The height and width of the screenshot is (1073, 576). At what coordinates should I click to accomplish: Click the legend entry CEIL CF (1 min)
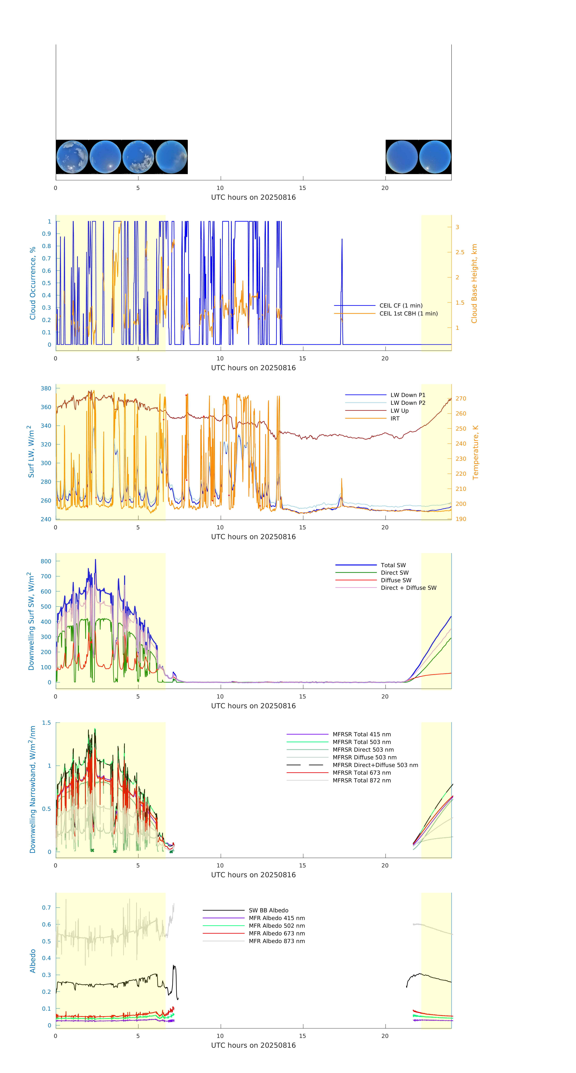coord(401,305)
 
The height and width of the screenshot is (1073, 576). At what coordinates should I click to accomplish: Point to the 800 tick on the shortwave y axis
coord(46,561)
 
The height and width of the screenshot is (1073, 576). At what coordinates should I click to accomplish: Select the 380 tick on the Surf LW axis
coord(46,388)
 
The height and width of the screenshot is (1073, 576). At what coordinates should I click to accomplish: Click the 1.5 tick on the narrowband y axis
coord(46,723)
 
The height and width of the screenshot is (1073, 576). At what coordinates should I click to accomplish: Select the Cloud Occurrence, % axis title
coord(33,283)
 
